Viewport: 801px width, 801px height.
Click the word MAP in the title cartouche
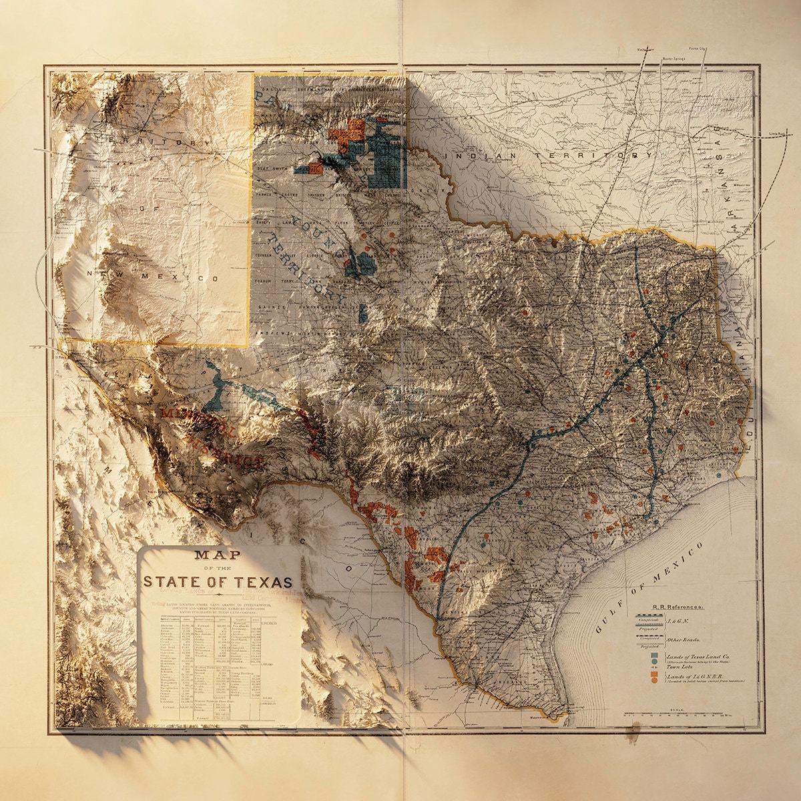coord(218,555)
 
